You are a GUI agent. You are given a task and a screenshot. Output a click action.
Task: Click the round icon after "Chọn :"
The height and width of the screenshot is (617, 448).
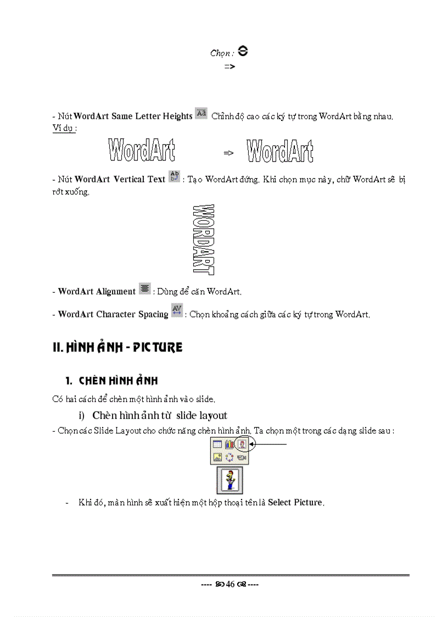(244, 52)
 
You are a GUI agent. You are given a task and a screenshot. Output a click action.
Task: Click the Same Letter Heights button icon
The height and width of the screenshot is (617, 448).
(201, 114)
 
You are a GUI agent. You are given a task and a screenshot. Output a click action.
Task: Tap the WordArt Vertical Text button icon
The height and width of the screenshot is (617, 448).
(173, 176)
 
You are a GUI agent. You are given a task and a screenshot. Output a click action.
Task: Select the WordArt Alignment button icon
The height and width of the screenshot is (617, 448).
(144, 289)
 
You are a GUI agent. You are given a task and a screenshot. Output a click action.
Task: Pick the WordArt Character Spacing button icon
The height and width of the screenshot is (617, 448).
(177, 311)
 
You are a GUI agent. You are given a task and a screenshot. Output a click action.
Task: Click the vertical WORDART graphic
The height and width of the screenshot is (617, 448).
(204, 240)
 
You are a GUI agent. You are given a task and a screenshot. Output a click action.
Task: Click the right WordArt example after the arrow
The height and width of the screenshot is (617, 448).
(280, 151)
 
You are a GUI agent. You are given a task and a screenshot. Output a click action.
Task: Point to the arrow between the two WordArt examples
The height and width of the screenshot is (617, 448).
(229, 153)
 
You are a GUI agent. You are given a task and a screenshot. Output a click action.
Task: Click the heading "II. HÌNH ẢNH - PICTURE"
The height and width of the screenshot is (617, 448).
(117, 348)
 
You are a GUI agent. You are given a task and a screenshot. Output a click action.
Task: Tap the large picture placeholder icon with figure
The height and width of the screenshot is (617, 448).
(229, 480)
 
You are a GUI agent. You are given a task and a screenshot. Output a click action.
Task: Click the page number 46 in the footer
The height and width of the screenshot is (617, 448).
(230, 585)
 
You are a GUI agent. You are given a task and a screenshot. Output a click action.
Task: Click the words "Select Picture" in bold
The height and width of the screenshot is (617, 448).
(295, 503)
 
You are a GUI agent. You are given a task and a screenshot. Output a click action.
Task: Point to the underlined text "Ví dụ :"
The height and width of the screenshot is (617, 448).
(63, 127)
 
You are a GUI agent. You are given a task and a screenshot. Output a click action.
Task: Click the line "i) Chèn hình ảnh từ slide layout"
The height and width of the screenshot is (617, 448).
(153, 415)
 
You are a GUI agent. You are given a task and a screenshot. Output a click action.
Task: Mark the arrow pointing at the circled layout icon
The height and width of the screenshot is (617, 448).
(268, 444)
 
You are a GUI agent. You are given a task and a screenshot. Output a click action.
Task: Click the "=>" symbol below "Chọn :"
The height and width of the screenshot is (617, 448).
(230, 66)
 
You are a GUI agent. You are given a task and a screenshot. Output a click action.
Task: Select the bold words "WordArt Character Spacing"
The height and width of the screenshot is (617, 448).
(113, 314)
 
